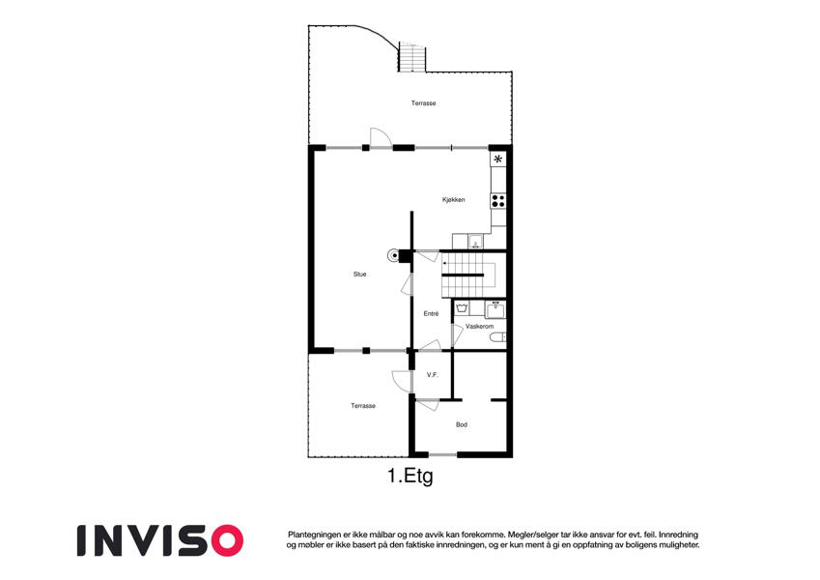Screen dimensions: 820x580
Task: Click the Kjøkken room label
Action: pos(453,200)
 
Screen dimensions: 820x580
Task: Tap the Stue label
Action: pos(360,275)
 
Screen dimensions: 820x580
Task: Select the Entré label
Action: pos(431,314)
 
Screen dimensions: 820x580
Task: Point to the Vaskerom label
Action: pos(480,326)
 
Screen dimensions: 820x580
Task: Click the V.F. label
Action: pos(432,375)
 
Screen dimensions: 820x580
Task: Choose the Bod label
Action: pos(462,424)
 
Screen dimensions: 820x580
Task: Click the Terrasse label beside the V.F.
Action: pos(363,406)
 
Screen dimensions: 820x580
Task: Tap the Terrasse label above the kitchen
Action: pos(423,103)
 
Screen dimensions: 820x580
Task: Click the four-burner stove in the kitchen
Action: pos(497,201)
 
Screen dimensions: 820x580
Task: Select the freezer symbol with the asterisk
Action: pos(497,159)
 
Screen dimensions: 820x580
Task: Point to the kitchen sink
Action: pos(475,242)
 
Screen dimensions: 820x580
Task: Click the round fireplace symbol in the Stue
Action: pos(392,255)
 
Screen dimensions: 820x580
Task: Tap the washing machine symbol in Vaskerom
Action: pos(462,308)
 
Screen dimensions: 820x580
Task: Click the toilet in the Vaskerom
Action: pos(497,337)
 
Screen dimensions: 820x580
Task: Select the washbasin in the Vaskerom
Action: pos(495,309)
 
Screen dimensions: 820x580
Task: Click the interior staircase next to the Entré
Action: pos(468,275)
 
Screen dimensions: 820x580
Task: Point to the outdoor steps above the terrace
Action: pos(412,57)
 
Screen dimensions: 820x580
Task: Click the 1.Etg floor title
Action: pos(410,477)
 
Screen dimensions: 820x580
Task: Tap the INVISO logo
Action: pos(160,540)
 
